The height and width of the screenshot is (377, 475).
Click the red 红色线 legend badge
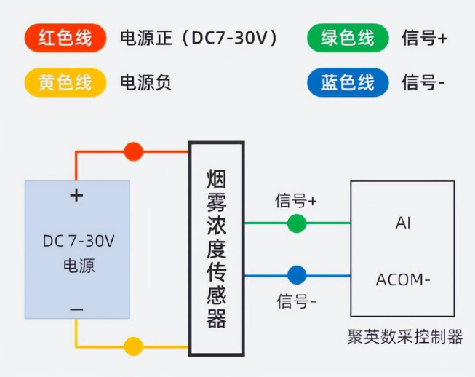(x=65, y=38)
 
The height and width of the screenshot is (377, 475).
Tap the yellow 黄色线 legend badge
(x=65, y=82)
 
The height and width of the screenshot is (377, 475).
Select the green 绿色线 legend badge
(x=348, y=38)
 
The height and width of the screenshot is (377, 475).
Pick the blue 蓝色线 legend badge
(x=348, y=82)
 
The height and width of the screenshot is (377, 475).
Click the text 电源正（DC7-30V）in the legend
(x=199, y=38)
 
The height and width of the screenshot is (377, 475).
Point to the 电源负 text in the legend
(x=145, y=82)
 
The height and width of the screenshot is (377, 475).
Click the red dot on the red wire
(x=134, y=151)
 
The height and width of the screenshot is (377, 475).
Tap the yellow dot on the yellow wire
(x=134, y=346)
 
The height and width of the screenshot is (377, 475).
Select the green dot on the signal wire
(x=297, y=223)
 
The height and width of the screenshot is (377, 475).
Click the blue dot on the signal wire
(x=297, y=275)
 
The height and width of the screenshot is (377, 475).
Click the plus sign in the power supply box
(x=76, y=196)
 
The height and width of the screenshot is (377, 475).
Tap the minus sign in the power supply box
(x=76, y=309)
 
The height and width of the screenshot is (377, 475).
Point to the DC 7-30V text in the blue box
(x=79, y=241)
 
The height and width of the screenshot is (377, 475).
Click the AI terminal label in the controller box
(x=403, y=223)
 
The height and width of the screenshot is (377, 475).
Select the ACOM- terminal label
(x=403, y=279)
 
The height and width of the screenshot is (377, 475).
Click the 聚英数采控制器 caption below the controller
(x=405, y=336)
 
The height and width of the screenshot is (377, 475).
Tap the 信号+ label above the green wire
(x=296, y=201)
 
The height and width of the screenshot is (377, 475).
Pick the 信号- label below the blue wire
(x=296, y=301)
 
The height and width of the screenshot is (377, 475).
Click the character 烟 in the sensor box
(x=217, y=179)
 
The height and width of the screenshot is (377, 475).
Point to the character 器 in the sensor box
(x=217, y=319)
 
